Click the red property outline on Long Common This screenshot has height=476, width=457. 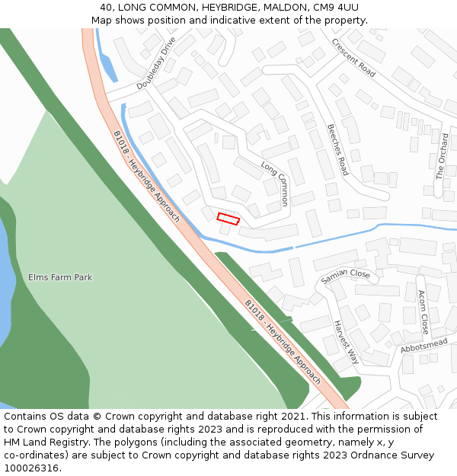pos(228,219)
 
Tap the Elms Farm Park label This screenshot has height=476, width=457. pos(60,277)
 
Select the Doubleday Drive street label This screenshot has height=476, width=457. pos(156,63)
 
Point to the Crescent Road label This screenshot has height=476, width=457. pos(353,58)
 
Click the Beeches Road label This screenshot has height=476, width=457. pos(337,149)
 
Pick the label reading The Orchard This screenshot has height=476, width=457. pos(442,156)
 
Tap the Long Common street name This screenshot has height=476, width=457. pos(275,184)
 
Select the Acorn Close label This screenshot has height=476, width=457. pos(423,312)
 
